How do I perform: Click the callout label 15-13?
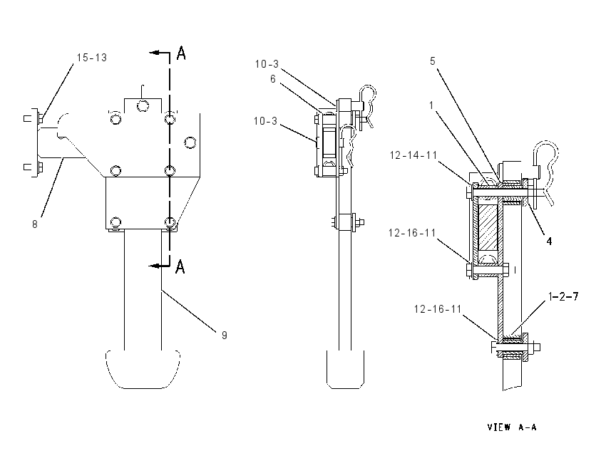point(91,58)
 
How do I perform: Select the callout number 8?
point(35,224)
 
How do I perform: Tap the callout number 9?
point(224,335)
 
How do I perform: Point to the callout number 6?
point(273,79)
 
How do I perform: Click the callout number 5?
point(433,61)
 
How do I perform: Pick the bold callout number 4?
point(549,241)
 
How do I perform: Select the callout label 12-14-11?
point(413,155)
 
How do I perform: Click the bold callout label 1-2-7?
point(563,296)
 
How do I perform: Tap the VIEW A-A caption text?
point(512,427)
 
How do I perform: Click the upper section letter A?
point(181,53)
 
